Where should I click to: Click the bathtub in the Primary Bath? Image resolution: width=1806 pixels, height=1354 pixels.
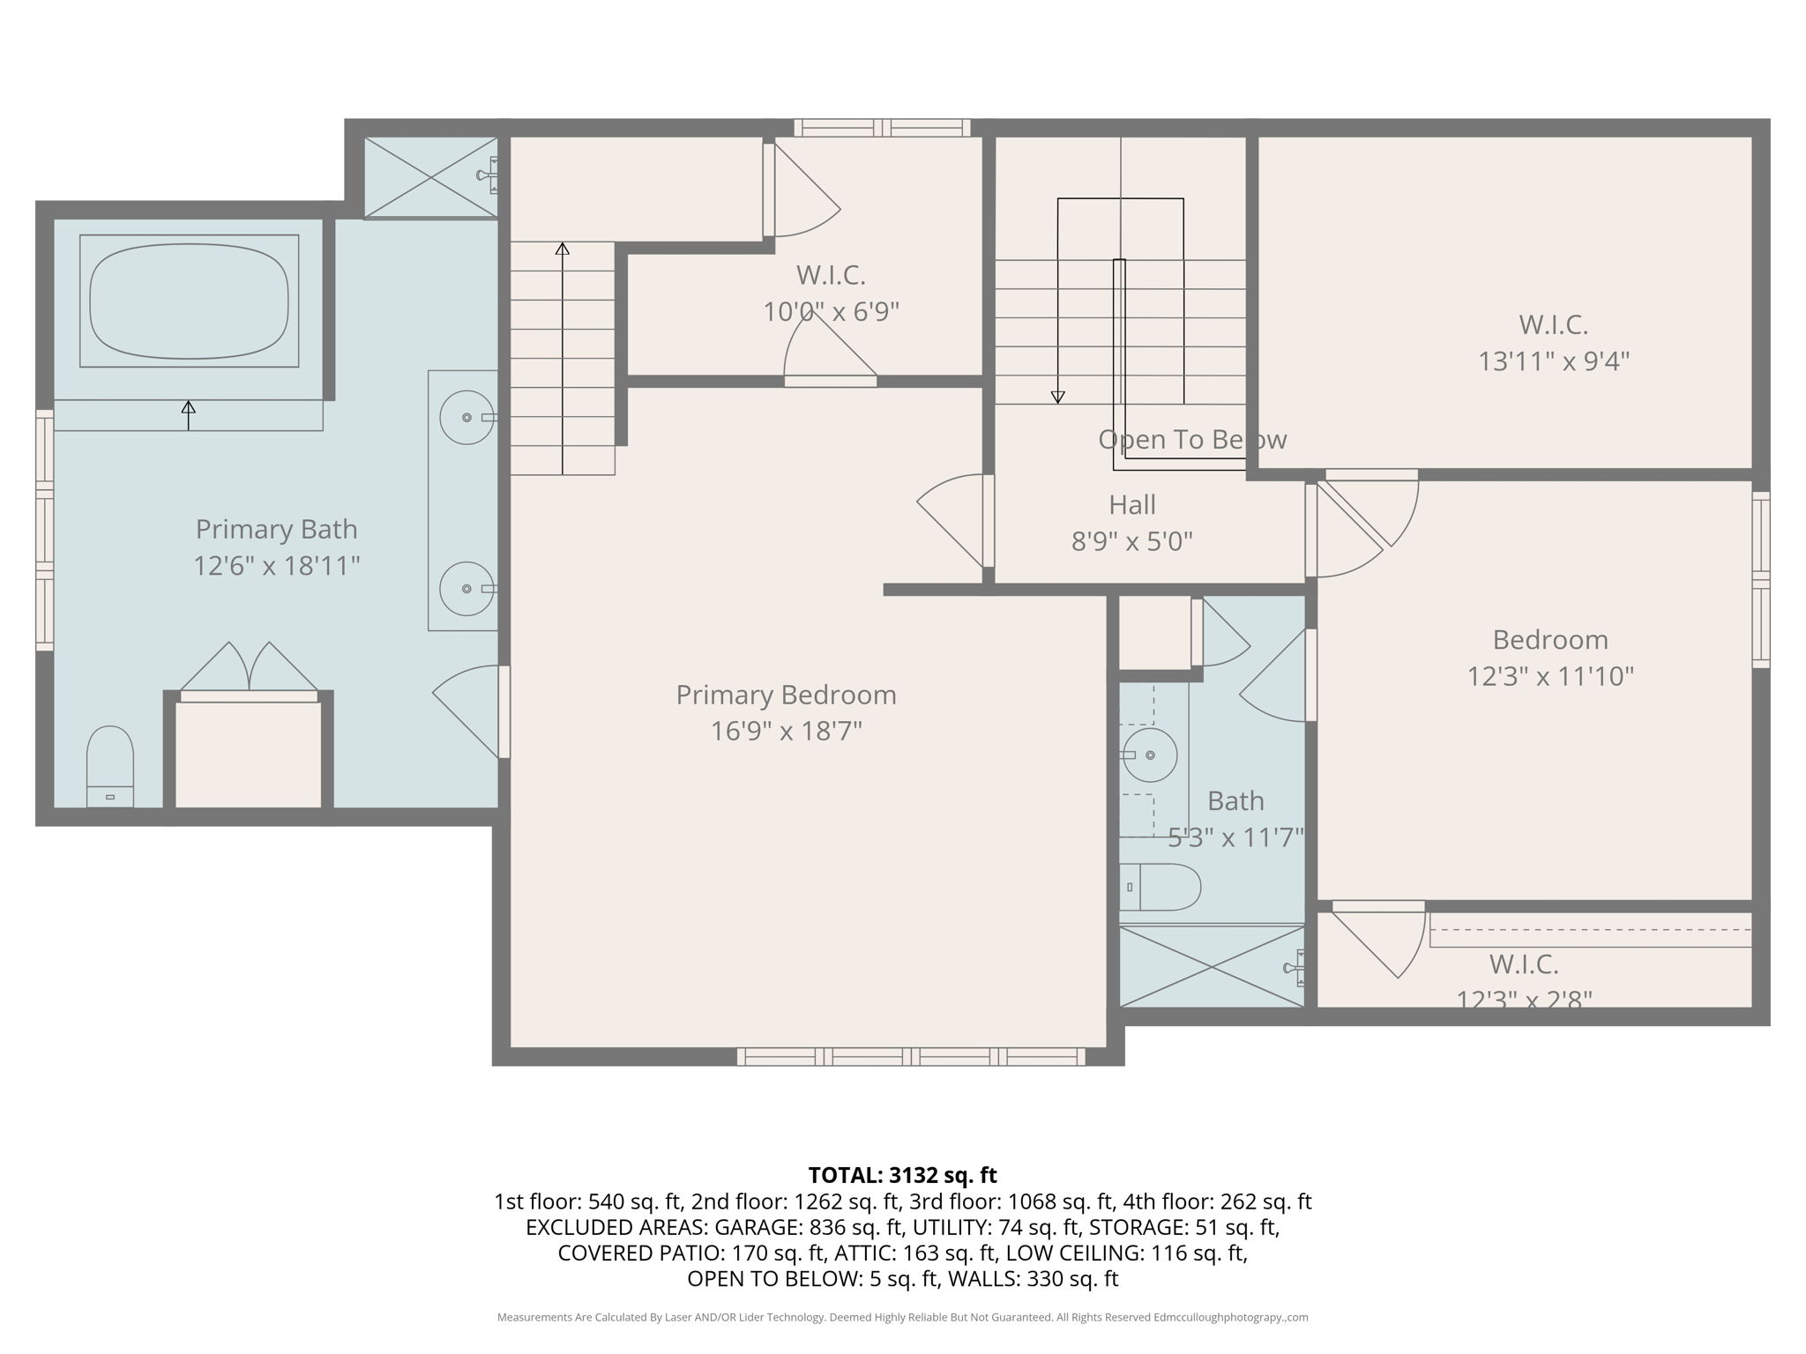[x=189, y=301]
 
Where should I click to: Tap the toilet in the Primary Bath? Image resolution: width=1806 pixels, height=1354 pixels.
[x=110, y=765]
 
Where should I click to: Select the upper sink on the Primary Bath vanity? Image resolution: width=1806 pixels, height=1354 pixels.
[x=466, y=417]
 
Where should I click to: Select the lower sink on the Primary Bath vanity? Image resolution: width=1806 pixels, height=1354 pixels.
[x=466, y=588]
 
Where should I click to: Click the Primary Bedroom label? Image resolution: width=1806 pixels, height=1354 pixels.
[x=786, y=695]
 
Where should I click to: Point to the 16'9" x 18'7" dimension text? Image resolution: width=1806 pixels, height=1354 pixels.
[x=786, y=731]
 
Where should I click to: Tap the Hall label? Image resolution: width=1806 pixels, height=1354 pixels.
[x=1131, y=505]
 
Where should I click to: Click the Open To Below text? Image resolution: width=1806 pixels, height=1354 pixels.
[x=1191, y=439]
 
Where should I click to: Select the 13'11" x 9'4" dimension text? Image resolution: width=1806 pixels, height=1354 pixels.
[x=1553, y=361]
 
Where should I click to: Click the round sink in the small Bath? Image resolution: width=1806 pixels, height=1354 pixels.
[x=1150, y=755]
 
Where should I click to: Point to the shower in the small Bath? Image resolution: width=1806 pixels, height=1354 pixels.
[x=1211, y=966]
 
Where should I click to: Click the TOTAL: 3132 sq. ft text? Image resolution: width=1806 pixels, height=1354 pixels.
[x=902, y=1175]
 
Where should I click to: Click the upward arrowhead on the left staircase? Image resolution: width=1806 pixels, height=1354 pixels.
[x=563, y=249]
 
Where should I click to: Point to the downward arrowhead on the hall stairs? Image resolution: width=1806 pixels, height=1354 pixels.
[x=1058, y=398]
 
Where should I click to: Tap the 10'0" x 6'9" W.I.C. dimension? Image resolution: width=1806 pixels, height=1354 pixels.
[x=830, y=312]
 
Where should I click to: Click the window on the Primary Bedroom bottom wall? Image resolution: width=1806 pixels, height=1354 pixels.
[x=911, y=1056]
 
